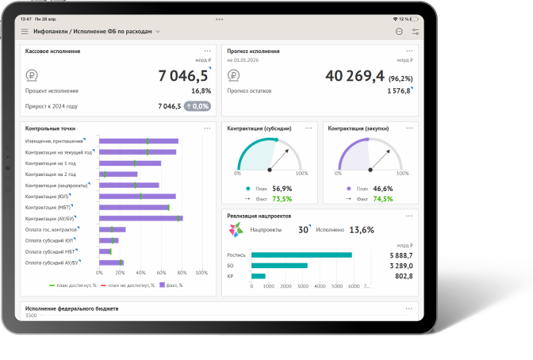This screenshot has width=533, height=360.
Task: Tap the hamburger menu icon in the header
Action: [25, 32]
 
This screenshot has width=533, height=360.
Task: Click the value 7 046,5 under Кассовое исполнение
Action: [183, 75]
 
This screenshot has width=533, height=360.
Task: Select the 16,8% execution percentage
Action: [201, 91]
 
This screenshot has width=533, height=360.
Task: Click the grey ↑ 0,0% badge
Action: [197, 105]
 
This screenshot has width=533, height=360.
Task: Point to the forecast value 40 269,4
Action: [355, 75]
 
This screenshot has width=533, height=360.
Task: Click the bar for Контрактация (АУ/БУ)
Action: [140, 218]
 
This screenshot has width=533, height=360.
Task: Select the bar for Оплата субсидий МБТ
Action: [105, 251]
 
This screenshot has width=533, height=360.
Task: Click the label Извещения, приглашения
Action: [53, 140]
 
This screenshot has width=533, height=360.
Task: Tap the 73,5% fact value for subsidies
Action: [282, 199]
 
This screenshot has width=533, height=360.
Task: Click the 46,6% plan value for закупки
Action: [382, 189]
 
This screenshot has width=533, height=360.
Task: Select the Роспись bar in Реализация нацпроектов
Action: [301, 255]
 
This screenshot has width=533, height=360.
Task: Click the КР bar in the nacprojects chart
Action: [258, 276]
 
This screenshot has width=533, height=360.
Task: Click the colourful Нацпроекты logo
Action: [236, 230]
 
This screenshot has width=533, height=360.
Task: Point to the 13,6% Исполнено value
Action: [362, 230]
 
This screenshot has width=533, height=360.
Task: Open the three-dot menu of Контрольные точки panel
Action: [208, 127]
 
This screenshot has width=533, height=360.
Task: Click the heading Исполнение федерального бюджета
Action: [72, 308]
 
